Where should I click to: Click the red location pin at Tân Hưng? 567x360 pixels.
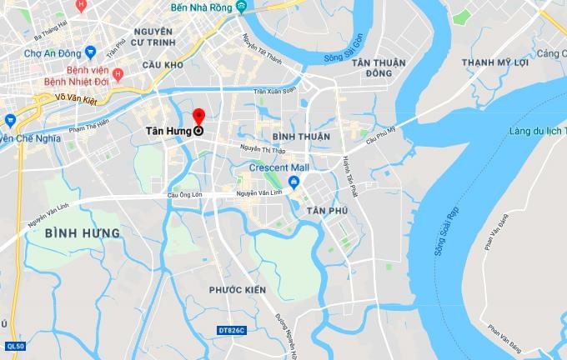pyautogui.click(x=198, y=117)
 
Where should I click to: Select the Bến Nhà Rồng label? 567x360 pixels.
pyautogui.click(x=199, y=7)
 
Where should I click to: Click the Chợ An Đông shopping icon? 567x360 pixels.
pyautogui.click(x=90, y=52)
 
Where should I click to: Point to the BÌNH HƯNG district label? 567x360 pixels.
pyautogui.click(x=83, y=233)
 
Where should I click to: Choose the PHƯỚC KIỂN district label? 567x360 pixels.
pyautogui.click(x=238, y=289)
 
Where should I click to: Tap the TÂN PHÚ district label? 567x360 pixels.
pyautogui.click(x=326, y=211)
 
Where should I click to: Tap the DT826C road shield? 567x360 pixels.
pyautogui.click(x=231, y=331)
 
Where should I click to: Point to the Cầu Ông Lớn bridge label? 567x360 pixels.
pyautogui.click(x=184, y=194)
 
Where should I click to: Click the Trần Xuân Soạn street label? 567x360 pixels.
pyautogui.click(x=275, y=90)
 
